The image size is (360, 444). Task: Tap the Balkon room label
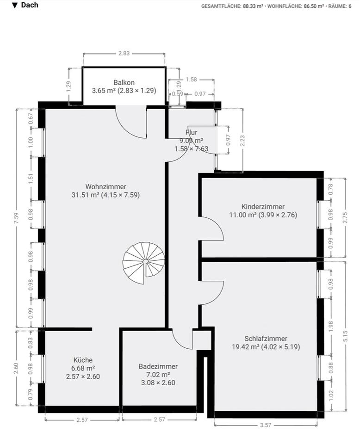click(x=124, y=83)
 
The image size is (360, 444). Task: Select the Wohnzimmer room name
click(x=106, y=187)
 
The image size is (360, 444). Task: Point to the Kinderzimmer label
click(x=263, y=206)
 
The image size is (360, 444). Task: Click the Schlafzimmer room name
click(x=266, y=338)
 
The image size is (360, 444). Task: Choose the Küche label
click(x=83, y=360)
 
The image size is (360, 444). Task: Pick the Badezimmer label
click(x=158, y=366)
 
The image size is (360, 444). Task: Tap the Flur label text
click(x=191, y=132)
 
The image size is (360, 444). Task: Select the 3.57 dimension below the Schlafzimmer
click(x=266, y=425)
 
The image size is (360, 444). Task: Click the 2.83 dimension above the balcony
click(x=124, y=54)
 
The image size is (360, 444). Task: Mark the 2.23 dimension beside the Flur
click(x=242, y=141)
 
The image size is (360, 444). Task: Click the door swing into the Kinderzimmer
click(x=212, y=229)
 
